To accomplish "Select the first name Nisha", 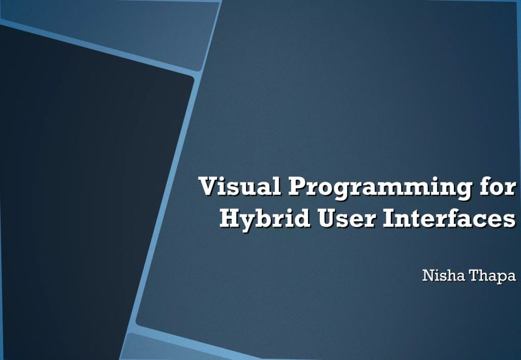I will [444, 276].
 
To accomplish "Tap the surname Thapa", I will [492, 277].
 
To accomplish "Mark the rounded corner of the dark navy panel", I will [190, 79].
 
